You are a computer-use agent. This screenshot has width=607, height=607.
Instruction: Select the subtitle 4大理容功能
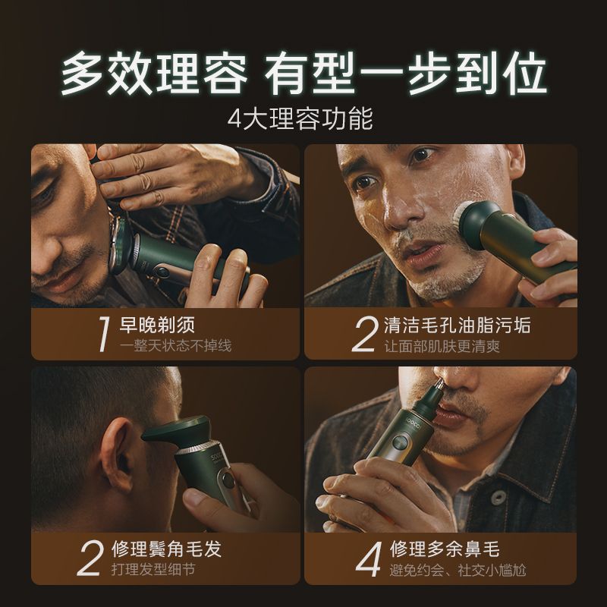click(x=303, y=119)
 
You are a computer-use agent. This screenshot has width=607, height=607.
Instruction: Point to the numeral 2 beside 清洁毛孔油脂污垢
click(x=365, y=334)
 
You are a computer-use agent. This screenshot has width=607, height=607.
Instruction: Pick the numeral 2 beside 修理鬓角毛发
click(x=90, y=558)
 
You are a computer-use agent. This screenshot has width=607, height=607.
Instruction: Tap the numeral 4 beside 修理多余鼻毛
click(x=367, y=558)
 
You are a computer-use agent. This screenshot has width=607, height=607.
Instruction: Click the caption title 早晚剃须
click(x=157, y=326)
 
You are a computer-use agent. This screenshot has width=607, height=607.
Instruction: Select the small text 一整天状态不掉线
click(x=175, y=346)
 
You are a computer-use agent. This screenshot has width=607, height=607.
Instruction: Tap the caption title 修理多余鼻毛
click(x=445, y=549)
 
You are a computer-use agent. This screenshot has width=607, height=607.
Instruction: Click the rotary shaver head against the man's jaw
click(x=120, y=242)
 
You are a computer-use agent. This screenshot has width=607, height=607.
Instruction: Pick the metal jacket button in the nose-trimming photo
click(x=498, y=497)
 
